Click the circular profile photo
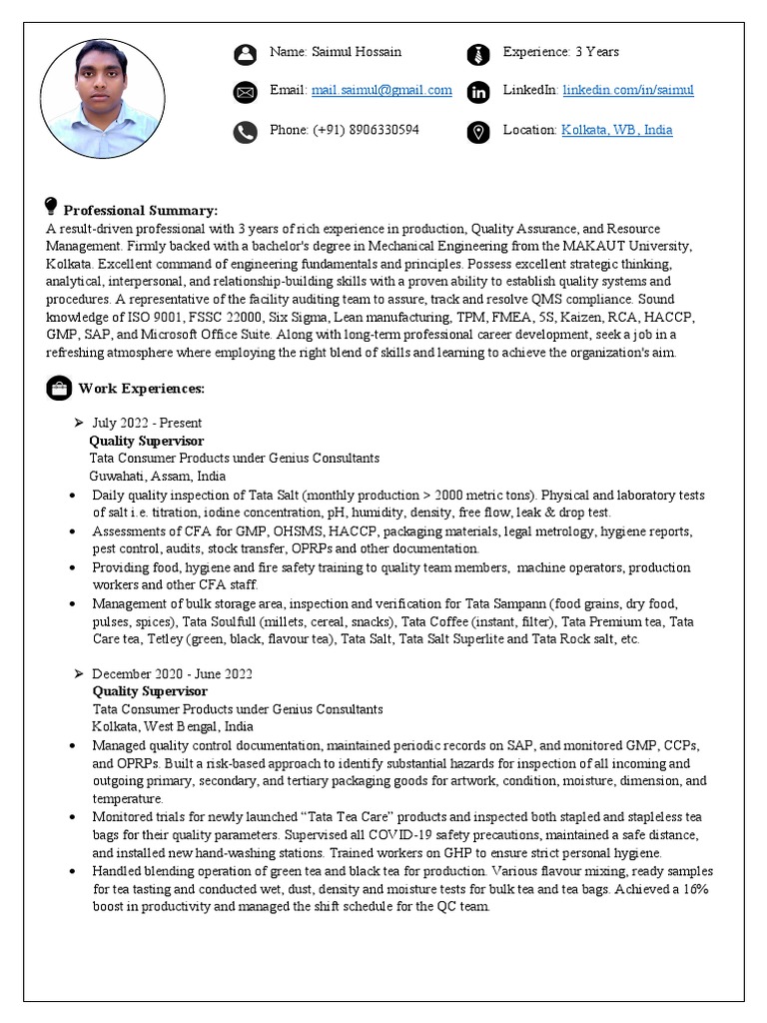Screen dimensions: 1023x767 click(x=103, y=99)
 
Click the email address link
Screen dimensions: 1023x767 click(x=382, y=90)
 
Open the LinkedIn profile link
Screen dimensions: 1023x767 click(x=627, y=90)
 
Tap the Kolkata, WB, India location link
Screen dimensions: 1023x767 click(x=616, y=130)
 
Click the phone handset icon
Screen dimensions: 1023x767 click(x=245, y=132)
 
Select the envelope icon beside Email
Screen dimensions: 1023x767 click(x=245, y=93)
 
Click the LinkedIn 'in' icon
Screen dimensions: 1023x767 click(x=478, y=93)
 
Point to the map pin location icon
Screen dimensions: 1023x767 click(x=478, y=132)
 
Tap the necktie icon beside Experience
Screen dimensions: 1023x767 click(x=478, y=54)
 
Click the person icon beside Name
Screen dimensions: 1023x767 click(x=245, y=54)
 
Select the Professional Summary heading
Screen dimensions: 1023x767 click(x=141, y=211)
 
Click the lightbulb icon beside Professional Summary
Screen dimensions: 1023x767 click(x=52, y=207)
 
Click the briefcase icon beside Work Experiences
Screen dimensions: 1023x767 click(x=58, y=388)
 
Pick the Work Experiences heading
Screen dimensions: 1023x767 click(x=142, y=389)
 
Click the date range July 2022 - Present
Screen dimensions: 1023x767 click(x=147, y=424)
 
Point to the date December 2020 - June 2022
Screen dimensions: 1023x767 click(x=172, y=674)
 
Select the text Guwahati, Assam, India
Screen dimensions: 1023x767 click(x=157, y=477)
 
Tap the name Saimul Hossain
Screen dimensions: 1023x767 click(x=356, y=52)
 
